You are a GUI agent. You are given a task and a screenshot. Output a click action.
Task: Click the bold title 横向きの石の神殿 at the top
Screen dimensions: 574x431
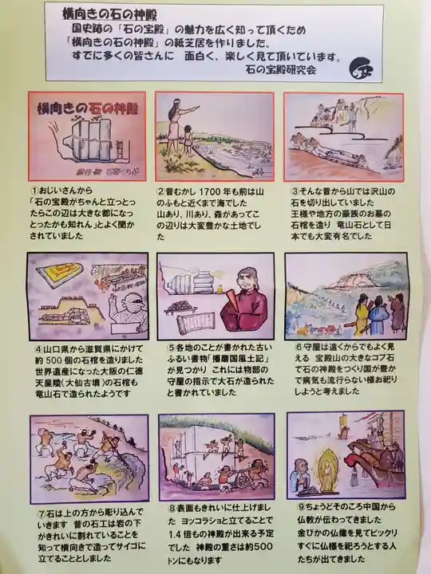point(112,14)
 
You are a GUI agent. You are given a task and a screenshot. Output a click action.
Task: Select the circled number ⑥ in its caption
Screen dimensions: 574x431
point(298,347)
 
